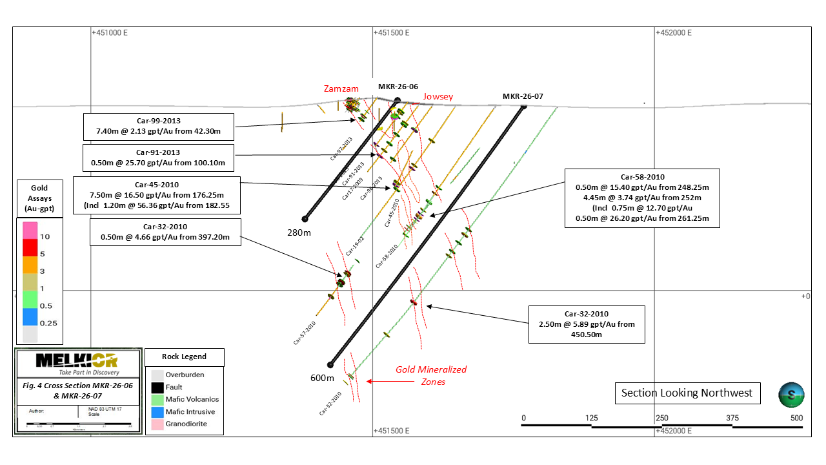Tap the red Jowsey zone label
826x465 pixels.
(438, 97)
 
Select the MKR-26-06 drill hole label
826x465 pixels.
(399, 87)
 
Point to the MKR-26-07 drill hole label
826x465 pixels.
(523, 96)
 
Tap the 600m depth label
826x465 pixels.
(323, 378)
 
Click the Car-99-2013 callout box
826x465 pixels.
(159, 126)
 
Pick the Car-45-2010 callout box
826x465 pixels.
(157, 194)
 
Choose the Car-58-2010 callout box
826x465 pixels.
(642, 198)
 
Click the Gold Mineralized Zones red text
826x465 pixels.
(431, 375)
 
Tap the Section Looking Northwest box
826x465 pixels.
(687, 393)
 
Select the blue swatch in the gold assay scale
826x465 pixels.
(30, 316)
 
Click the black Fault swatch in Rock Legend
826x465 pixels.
(157, 387)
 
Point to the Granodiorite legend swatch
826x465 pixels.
(157, 424)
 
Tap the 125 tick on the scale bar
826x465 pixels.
(592, 418)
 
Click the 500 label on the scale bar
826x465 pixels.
(796, 418)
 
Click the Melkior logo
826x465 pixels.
(77, 363)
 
